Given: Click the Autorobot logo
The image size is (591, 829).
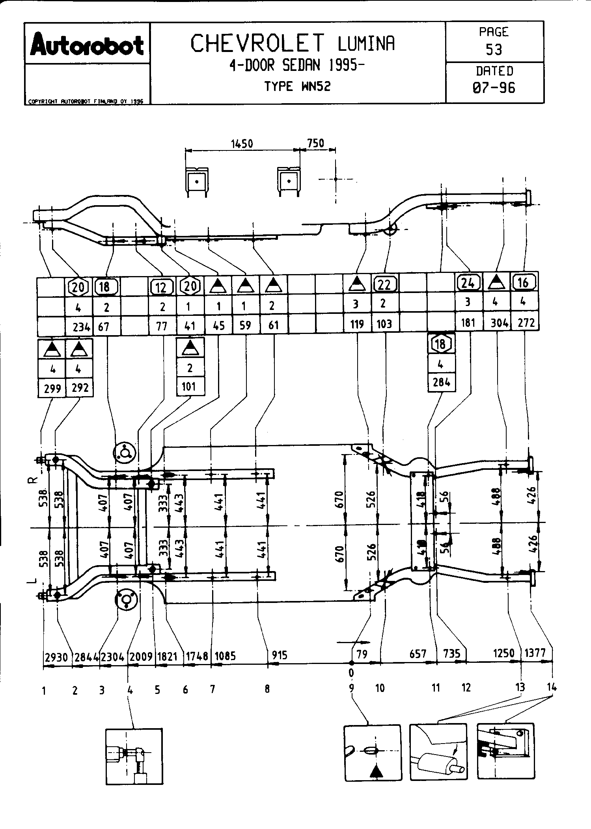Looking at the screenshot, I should click(87, 45).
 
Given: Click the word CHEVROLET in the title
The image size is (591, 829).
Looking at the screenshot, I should click(258, 44).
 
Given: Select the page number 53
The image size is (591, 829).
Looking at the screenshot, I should click(494, 50).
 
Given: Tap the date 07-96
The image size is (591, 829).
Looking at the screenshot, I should click(494, 87).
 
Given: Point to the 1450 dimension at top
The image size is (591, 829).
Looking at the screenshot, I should click(242, 144).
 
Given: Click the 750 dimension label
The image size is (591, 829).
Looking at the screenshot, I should click(315, 143).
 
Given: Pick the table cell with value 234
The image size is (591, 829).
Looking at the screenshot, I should click(82, 326).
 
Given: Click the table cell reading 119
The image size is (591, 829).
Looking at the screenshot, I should click(357, 325).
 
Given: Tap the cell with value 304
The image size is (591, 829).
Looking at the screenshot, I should click(499, 323).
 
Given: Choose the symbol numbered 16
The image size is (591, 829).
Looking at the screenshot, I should click(524, 282).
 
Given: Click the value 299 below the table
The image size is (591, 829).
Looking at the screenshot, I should click(52, 389).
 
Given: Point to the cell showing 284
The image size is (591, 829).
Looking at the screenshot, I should click(442, 382).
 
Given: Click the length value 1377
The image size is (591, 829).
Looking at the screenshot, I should click(536, 653).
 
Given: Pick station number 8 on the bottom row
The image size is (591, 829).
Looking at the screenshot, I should click(267, 689).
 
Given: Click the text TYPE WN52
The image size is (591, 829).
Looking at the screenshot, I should click(297, 86).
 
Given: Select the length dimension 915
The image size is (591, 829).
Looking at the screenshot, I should click(279, 655).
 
